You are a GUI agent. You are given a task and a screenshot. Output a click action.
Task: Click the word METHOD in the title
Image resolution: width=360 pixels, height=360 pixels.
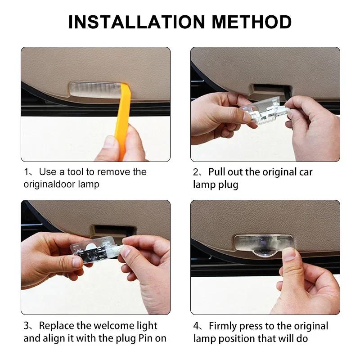(x=252, y=22)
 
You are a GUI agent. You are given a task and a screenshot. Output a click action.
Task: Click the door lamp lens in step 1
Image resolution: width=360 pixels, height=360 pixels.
(x=95, y=90)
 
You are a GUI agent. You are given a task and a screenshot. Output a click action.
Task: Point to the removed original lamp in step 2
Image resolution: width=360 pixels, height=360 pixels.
(x=264, y=111)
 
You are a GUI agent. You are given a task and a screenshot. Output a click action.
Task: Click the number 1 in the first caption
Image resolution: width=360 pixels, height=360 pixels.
(x=27, y=172)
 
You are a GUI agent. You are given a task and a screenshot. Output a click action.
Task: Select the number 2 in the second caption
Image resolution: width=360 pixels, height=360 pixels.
(x=196, y=172)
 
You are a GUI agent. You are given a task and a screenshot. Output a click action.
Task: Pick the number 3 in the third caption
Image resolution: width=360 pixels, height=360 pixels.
(x=27, y=326)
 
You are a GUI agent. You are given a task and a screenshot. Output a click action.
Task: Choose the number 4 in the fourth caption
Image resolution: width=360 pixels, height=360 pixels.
(x=196, y=326)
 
